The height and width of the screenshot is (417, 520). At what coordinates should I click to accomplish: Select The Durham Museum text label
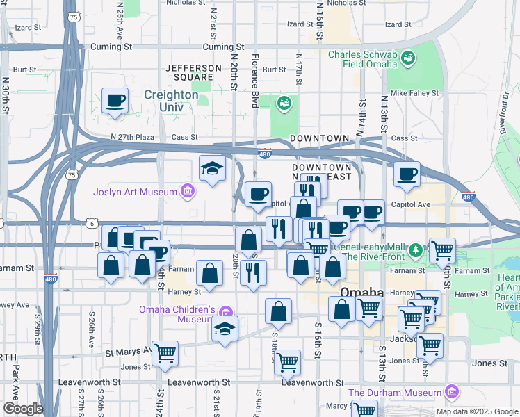[395, 393]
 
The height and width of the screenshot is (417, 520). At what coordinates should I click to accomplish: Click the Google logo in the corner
[23, 409]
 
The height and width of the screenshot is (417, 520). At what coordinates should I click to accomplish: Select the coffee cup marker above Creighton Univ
[115, 101]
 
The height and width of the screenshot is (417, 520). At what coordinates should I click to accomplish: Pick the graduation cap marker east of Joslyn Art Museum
[212, 168]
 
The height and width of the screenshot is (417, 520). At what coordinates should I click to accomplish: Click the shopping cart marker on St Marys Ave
[165, 353]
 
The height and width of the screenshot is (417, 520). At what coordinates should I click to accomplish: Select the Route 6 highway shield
[92, 223]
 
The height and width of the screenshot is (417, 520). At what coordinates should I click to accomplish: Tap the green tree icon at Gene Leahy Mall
[415, 249]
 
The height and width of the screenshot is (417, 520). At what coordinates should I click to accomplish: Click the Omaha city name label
[362, 293]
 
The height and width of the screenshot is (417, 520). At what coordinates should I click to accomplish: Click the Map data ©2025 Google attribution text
[476, 411]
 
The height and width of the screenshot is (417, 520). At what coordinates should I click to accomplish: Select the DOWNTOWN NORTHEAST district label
[321, 173]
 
